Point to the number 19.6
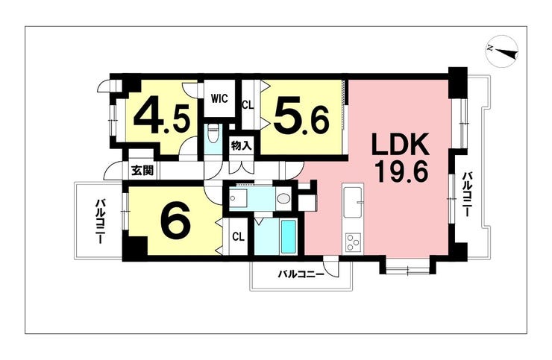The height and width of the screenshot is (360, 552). point(395,173)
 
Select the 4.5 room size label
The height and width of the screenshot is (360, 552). point(166,115)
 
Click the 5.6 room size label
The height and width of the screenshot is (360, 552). point(301,116)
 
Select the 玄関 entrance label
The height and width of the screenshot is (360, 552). point(142,170)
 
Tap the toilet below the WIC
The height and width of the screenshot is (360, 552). point(213,136)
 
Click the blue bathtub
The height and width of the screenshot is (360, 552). point(288,237)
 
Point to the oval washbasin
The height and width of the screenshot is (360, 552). point(282,199)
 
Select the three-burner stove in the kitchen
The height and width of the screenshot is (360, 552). point(352,241)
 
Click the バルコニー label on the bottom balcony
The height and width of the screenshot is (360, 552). point(301,274)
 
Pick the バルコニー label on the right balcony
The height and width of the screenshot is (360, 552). point(466,195)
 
